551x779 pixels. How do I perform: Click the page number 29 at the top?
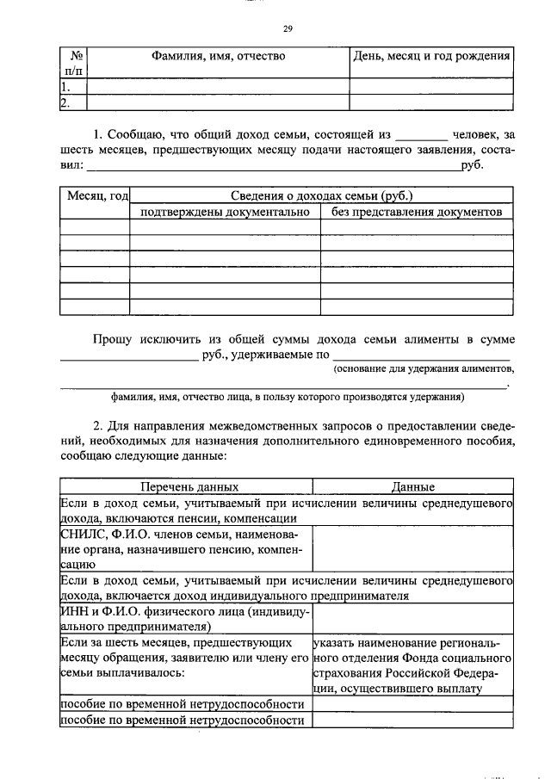(288, 28)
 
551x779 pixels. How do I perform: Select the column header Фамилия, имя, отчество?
(219, 57)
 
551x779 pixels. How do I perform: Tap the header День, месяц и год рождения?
(431, 57)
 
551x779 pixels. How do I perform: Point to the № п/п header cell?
(73, 64)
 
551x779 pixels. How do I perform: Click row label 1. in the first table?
(65, 87)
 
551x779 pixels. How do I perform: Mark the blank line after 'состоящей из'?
(422, 136)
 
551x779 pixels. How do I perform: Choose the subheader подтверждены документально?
(225, 211)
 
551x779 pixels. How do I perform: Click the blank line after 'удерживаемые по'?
(420, 356)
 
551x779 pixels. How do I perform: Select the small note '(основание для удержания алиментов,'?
(424, 369)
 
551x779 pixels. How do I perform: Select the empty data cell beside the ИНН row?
(412, 618)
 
